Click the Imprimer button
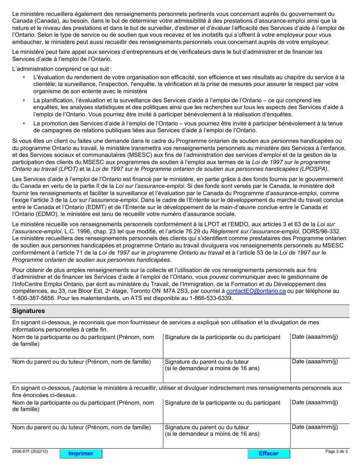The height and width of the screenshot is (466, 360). [x=81, y=453]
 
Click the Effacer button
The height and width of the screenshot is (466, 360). [x=269, y=453]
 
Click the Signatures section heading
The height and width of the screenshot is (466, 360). [x=29, y=311]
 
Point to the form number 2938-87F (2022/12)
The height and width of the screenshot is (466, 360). [x=30, y=451]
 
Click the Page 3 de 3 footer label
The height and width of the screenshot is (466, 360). [x=336, y=451]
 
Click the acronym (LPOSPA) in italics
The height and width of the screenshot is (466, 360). [x=313, y=169]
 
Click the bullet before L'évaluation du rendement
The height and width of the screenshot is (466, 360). [x=24, y=77]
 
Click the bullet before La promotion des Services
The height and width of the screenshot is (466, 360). [x=24, y=124]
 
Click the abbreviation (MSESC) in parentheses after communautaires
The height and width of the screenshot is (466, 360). [x=106, y=155]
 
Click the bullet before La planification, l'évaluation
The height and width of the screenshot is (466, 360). [x=24, y=100]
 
